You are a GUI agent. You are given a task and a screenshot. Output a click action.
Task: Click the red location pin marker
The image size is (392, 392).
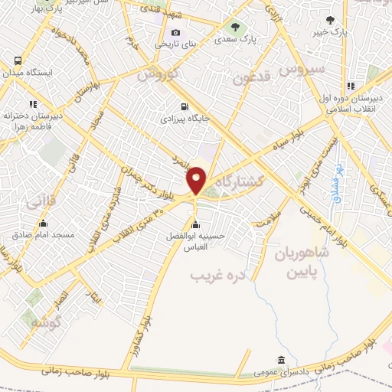197,180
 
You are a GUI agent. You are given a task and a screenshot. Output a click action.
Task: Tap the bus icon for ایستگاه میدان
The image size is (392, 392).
18,60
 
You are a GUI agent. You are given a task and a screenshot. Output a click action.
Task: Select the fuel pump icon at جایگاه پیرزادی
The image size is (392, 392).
183,107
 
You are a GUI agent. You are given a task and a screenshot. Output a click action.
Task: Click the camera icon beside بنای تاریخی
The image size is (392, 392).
176,32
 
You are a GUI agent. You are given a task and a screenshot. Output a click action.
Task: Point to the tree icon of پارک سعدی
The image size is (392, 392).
235,27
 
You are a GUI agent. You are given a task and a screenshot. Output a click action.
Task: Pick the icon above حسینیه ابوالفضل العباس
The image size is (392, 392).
196,224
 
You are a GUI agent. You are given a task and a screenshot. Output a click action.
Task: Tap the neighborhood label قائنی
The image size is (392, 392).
40,203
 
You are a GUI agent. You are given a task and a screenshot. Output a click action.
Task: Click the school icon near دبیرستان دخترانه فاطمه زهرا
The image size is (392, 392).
32,103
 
